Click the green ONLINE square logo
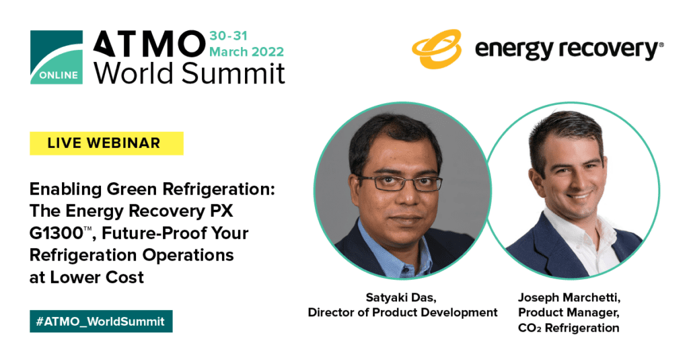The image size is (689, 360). point(57,57)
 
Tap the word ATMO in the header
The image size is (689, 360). point(149,44)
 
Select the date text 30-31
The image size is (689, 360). point(229,36)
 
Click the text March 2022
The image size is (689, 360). point(246,52)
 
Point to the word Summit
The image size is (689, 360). point(233,73)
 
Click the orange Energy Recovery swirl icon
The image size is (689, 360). point(437,49)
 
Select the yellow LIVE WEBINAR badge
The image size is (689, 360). point(106,143)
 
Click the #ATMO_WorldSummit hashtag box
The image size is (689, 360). point(101,322)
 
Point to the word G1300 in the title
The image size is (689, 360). point(57,233)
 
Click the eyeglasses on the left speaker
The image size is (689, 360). point(400,182)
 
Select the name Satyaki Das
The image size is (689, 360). point(401,297)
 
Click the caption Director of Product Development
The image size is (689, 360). point(402,312)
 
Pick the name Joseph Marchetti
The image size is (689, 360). point(569,297)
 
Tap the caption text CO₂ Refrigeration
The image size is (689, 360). point(569,328)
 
